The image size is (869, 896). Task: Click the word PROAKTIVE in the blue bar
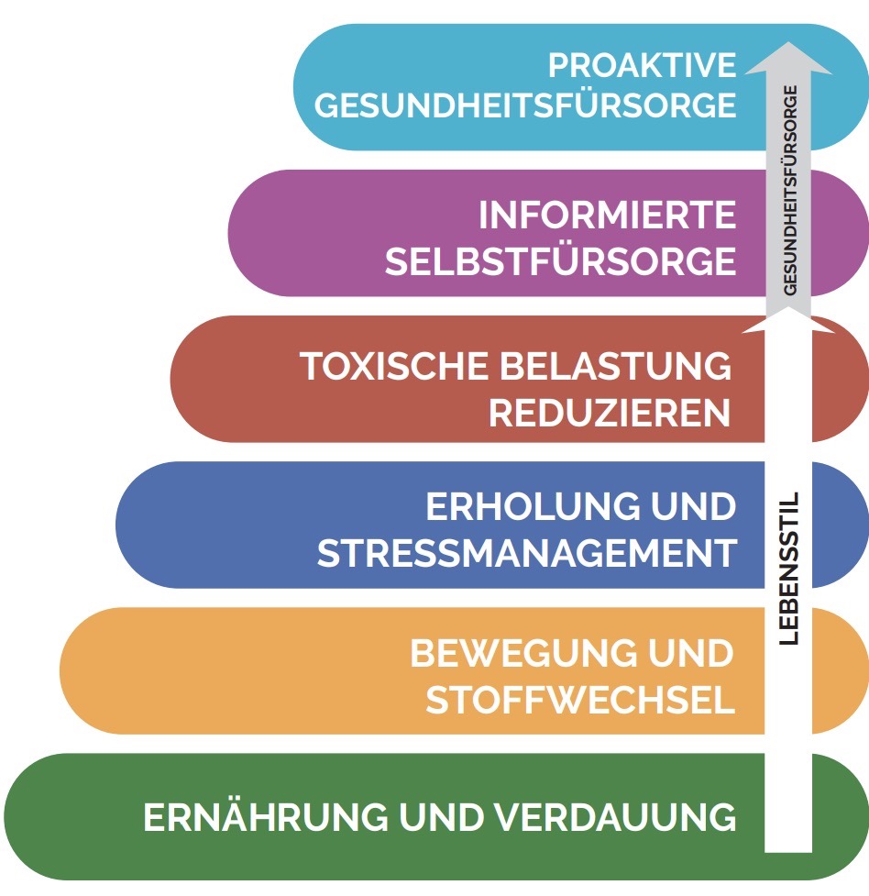(642, 65)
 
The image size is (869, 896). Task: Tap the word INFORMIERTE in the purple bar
(607, 216)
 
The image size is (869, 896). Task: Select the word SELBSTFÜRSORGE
(560, 262)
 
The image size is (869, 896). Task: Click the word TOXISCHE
(394, 366)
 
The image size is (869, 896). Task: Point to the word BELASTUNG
(616, 366)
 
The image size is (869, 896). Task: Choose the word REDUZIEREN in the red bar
(610, 414)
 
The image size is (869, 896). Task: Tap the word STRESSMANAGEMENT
(526, 554)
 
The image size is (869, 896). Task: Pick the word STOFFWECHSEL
(580, 702)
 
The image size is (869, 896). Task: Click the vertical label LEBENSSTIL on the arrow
(788, 569)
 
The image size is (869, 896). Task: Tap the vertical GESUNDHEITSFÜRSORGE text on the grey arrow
(790, 189)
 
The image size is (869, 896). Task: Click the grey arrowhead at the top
(788, 56)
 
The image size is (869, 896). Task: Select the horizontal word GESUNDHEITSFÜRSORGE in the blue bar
(525, 105)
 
